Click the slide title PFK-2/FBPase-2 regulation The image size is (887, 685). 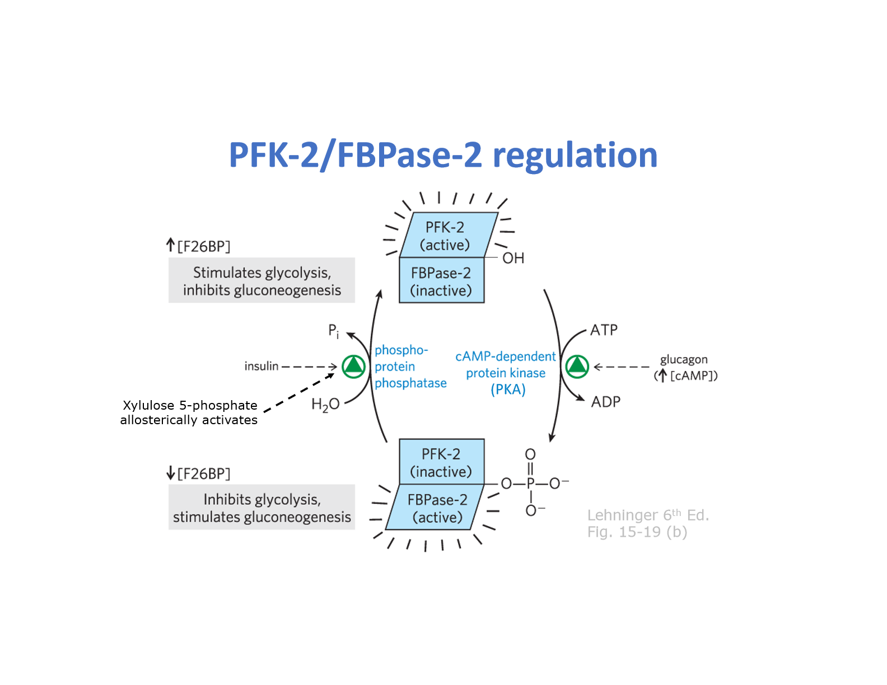[x=443, y=155]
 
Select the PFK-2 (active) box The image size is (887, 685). [x=446, y=236]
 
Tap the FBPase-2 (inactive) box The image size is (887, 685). [x=441, y=281]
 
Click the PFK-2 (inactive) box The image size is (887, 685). [x=441, y=462]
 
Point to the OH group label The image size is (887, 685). [x=513, y=258]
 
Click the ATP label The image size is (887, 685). [x=604, y=330]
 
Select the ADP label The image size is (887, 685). [x=605, y=402]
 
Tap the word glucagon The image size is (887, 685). [x=684, y=359]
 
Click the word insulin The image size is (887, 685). [x=262, y=366]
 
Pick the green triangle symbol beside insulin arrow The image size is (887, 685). [x=353, y=366]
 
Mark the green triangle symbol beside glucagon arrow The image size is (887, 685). [x=577, y=367]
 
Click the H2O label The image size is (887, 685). [x=325, y=404]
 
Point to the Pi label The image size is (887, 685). [x=333, y=331]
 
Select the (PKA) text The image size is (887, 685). [x=508, y=390]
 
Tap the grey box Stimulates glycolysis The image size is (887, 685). [x=262, y=280]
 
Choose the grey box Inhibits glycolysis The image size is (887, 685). [x=262, y=507]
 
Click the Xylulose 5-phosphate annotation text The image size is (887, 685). [x=189, y=412]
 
